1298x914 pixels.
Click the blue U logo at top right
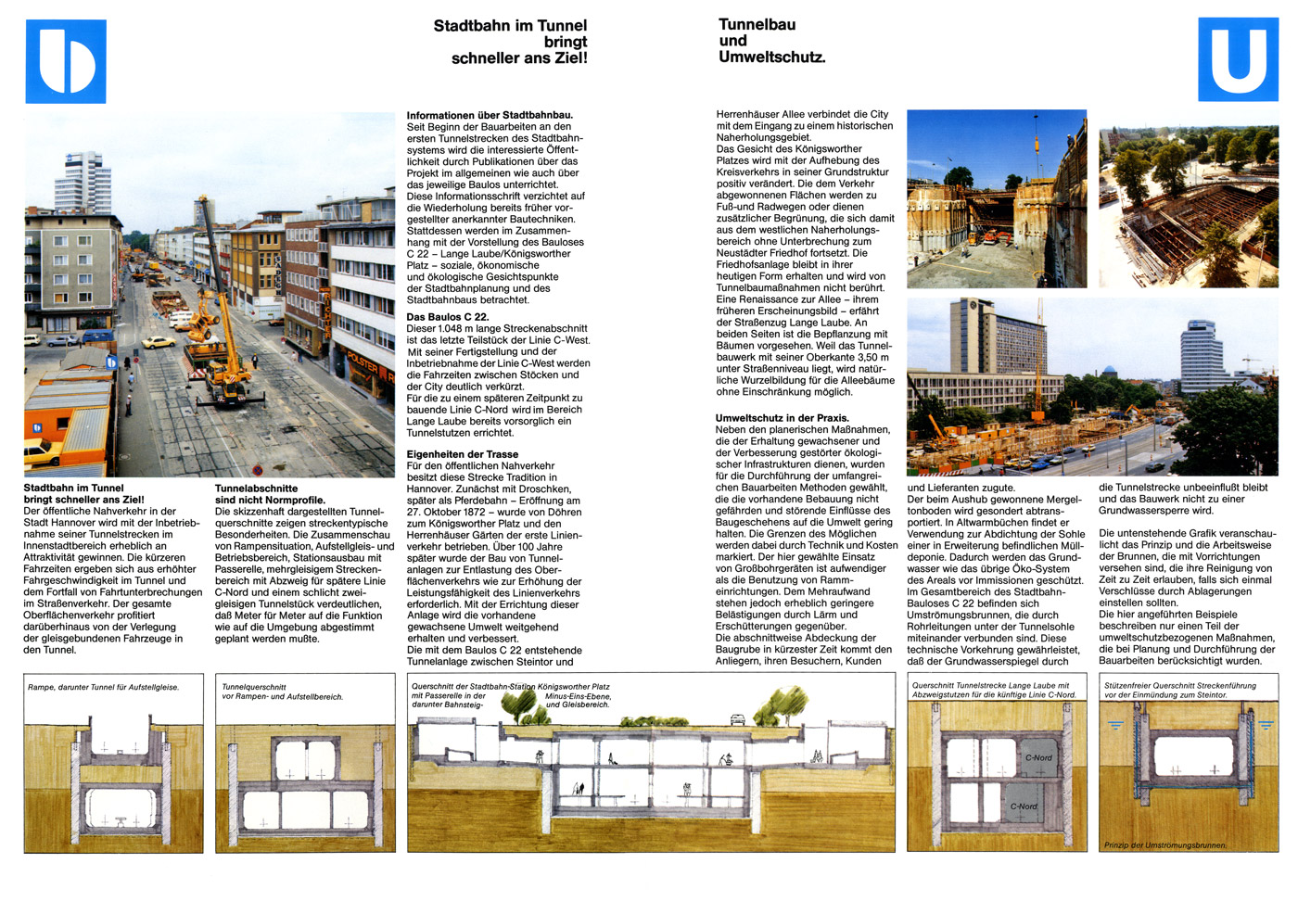click(x=1238, y=59)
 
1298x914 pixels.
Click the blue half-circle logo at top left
click(x=65, y=61)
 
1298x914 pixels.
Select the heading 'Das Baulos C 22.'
click(x=448, y=317)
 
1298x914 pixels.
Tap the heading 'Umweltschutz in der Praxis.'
click(x=782, y=418)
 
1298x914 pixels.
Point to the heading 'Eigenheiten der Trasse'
click(x=463, y=454)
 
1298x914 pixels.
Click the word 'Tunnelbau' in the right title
click(x=757, y=25)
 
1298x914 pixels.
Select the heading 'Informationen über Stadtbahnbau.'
click(x=490, y=116)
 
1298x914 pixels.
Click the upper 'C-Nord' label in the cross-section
click(x=1038, y=757)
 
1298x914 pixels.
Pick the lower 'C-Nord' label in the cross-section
click(x=1024, y=806)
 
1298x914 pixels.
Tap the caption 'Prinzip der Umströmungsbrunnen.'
click(x=1164, y=845)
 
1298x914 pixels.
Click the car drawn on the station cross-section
click(x=738, y=717)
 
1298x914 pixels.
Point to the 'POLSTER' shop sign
click(x=363, y=362)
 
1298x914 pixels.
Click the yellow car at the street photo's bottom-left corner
click(x=43, y=453)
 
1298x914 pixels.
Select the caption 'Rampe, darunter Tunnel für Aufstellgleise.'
click(x=103, y=688)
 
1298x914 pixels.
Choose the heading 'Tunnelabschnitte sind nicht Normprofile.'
click(x=269, y=494)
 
